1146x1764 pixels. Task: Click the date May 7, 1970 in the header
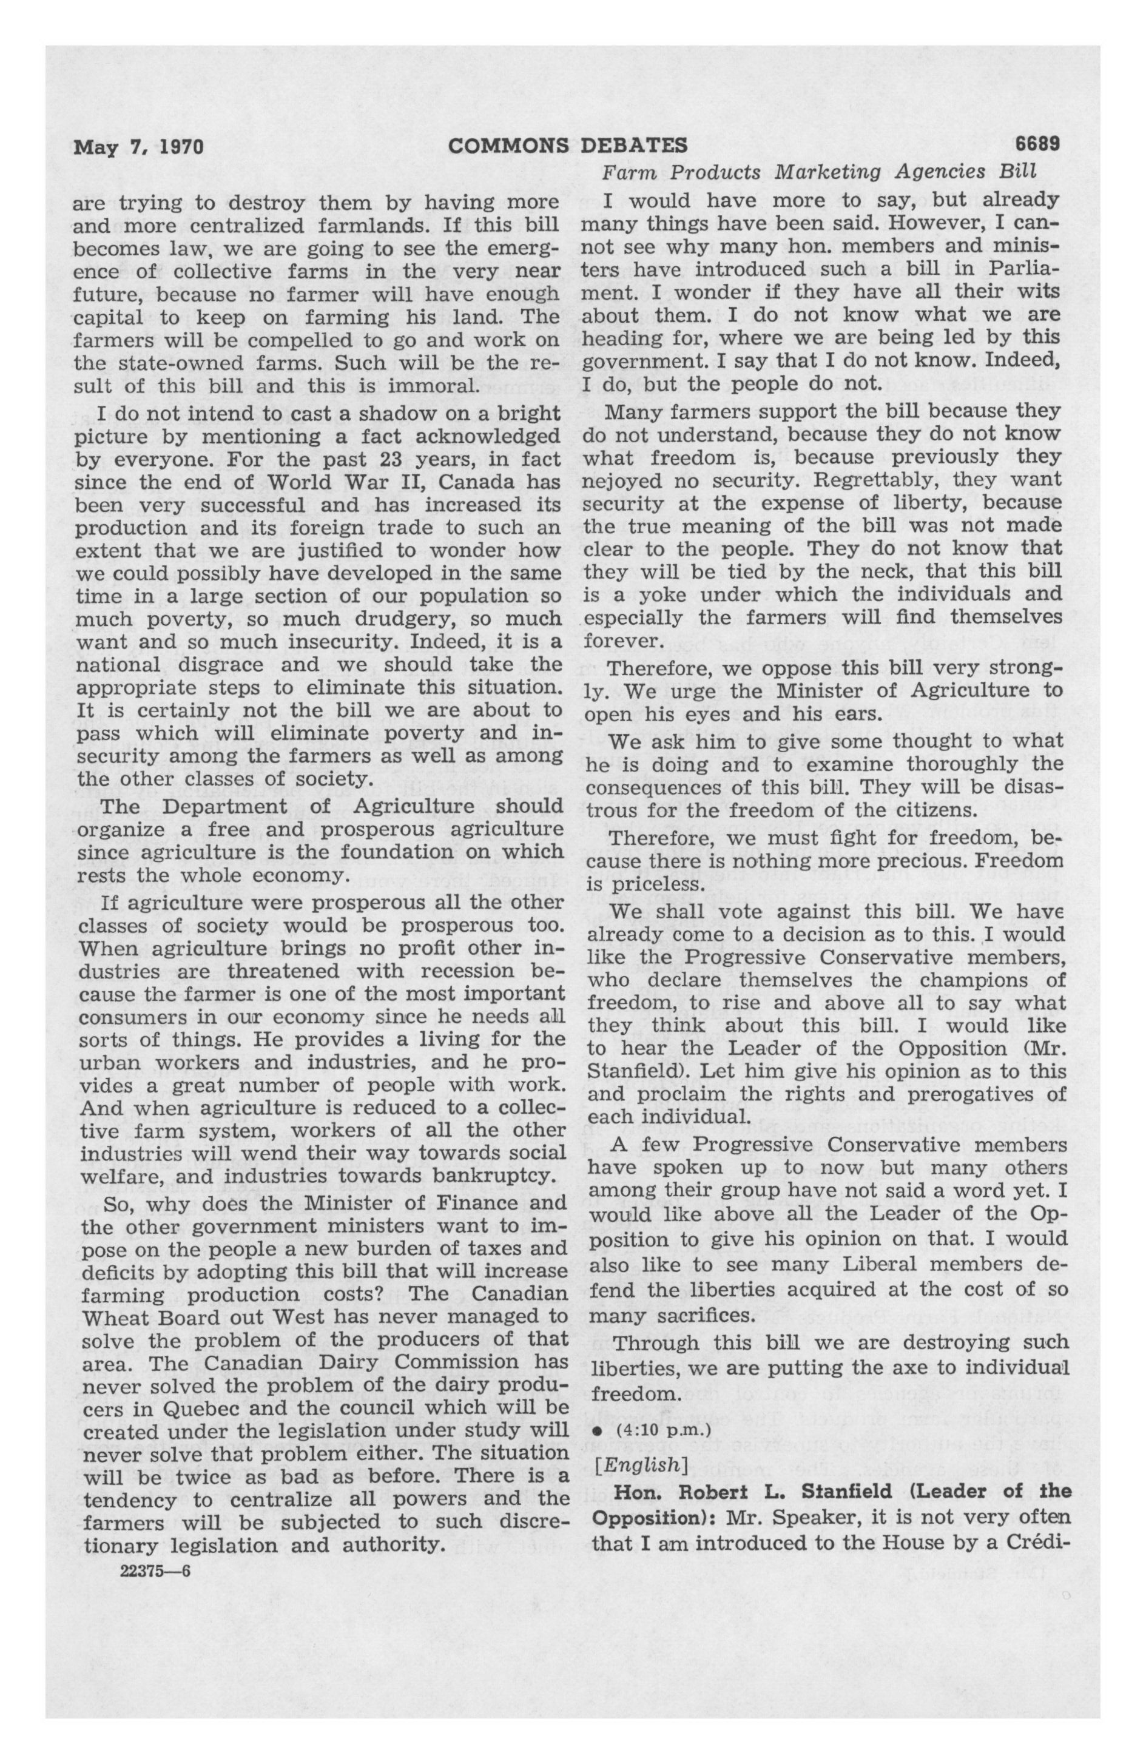pyautogui.click(x=138, y=146)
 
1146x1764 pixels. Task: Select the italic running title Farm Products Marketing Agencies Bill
pyautogui.click(x=818, y=173)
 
